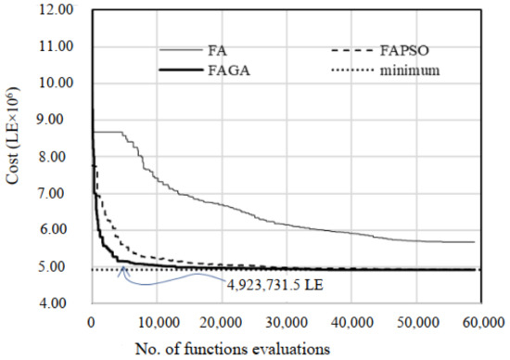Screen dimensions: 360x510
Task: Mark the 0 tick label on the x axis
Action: coord(91,321)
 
